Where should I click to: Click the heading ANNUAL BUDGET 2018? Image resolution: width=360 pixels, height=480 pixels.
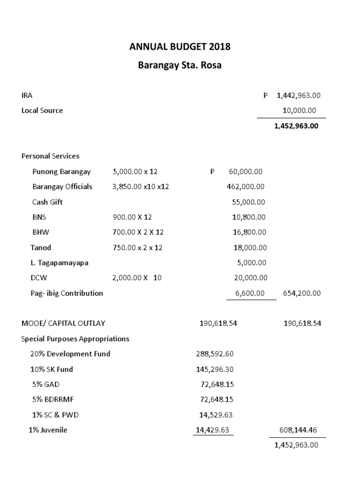(x=180, y=47)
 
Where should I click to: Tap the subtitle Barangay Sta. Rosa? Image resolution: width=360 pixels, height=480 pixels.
(x=180, y=66)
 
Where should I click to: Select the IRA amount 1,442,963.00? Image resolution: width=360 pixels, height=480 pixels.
(x=299, y=95)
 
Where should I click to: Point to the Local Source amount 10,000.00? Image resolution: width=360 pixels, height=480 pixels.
(x=299, y=111)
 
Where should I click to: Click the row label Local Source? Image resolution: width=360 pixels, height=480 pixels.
(x=42, y=111)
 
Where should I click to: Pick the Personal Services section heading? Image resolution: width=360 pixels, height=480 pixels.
(x=51, y=156)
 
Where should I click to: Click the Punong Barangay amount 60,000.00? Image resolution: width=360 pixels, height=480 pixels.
(x=246, y=172)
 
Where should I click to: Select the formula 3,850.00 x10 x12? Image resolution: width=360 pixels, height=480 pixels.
(x=141, y=187)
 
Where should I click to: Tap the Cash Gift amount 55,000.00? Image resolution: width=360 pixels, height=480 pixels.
(x=248, y=202)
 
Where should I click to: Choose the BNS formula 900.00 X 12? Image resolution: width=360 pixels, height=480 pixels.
(x=132, y=217)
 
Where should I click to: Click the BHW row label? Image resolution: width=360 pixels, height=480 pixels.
(x=41, y=232)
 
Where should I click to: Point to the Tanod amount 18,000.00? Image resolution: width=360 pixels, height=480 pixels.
(x=250, y=247)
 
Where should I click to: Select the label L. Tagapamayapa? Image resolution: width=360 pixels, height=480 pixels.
(x=60, y=262)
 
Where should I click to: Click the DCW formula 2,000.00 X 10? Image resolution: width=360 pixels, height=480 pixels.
(x=137, y=278)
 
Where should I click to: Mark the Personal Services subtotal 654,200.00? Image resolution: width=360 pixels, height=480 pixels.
(x=302, y=293)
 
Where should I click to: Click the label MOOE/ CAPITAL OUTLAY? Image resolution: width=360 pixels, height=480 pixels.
(x=63, y=323)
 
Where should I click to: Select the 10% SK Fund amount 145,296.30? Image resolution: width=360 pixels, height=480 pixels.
(x=214, y=369)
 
